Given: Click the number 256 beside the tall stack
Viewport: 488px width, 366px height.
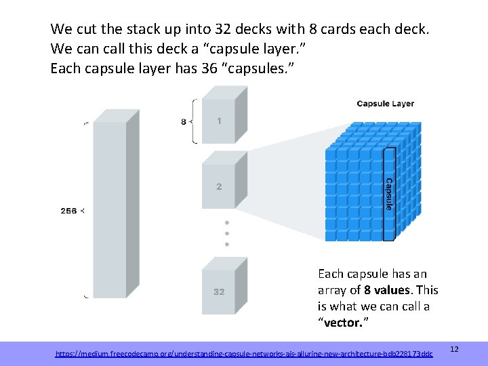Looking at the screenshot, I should (68, 211).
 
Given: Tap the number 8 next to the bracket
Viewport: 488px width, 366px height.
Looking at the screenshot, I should (183, 122).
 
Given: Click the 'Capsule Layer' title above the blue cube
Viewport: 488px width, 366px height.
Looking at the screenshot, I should (385, 104).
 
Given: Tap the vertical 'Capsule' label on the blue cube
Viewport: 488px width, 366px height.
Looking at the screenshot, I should (389, 194).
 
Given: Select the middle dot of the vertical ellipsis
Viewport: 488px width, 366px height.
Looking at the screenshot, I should (227, 233).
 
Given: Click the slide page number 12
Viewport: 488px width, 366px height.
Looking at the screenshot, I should (455, 348).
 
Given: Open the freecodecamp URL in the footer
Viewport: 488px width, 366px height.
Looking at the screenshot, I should (243, 354).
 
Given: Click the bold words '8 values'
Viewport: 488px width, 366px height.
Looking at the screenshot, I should (388, 290).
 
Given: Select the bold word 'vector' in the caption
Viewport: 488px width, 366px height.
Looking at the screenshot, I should (343, 323).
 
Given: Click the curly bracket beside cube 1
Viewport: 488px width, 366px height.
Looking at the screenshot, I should (196, 122).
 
